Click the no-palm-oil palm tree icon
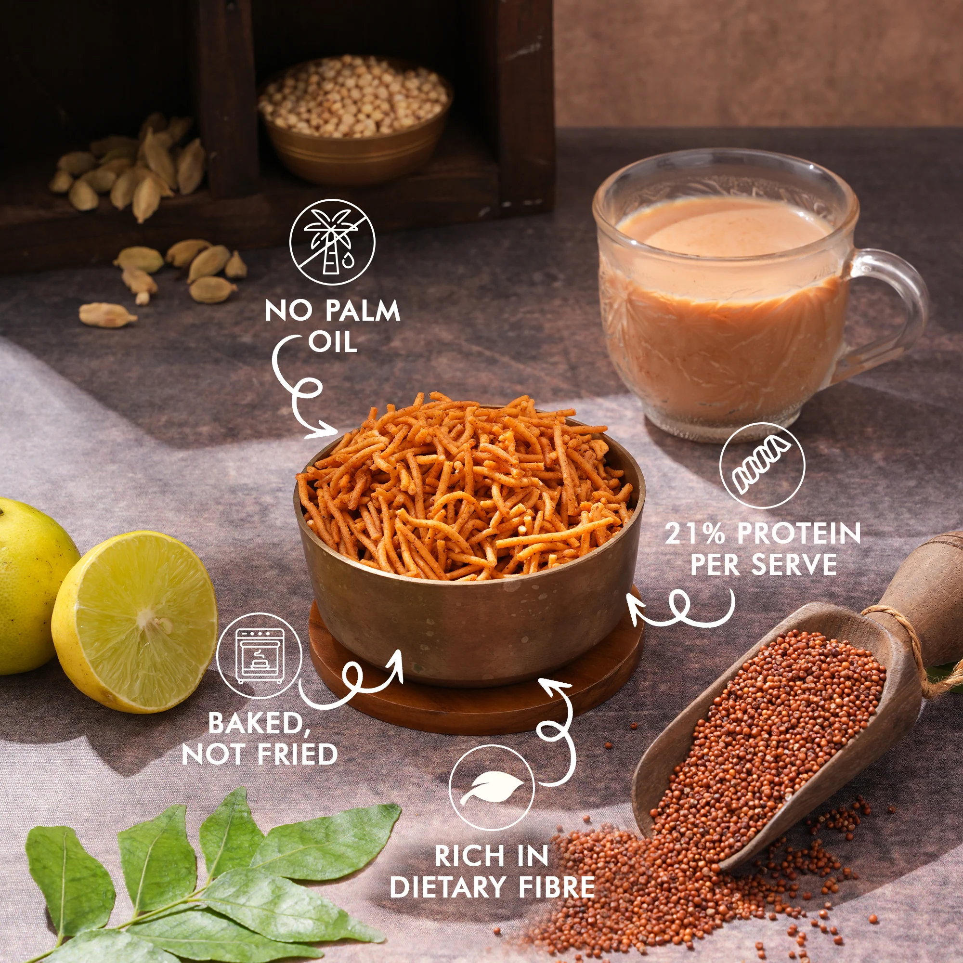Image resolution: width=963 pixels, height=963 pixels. [332, 242]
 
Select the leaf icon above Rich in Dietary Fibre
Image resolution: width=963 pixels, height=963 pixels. [492, 788]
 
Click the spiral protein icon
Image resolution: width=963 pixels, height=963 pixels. [762, 466]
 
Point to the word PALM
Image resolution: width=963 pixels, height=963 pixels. [363, 311]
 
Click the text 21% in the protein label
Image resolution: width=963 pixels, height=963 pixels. [695, 533]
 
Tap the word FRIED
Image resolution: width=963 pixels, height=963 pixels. [298, 754]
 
